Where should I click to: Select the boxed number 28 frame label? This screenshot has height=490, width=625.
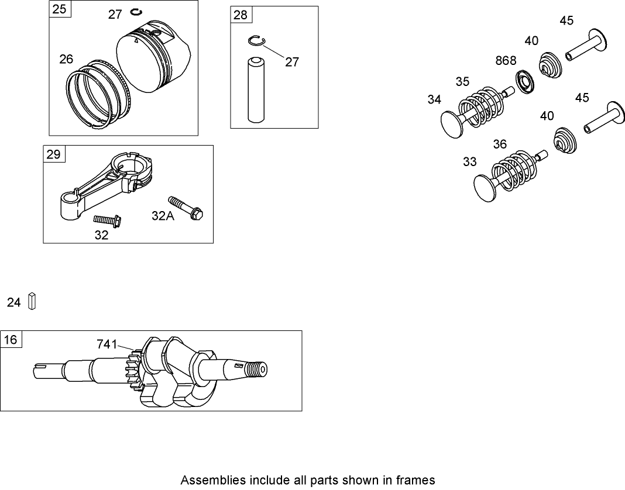(241, 15)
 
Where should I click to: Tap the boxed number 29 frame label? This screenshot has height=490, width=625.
(53, 154)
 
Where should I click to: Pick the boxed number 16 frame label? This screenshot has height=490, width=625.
(11, 340)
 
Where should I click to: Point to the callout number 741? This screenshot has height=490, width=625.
(107, 345)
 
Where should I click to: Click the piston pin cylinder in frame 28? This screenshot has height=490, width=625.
(254, 89)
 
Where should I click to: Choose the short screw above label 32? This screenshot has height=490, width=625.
(107, 221)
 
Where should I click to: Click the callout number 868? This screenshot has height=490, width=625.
(506, 61)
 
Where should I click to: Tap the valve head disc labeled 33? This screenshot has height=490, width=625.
(486, 187)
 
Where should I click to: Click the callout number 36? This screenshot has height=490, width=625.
(499, 144)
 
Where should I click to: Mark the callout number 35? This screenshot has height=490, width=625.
(462, 82)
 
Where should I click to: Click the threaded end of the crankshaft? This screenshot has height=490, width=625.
(256, 370)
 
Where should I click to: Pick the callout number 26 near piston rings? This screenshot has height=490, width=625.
(66, 59)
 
